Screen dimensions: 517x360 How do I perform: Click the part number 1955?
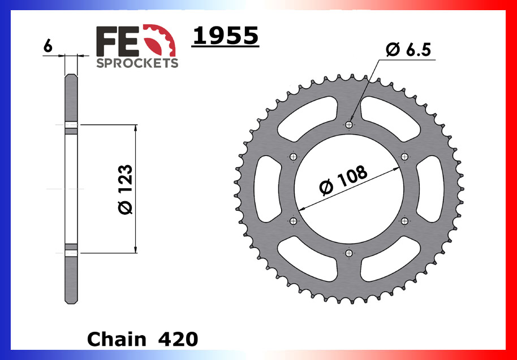tap(226, 35)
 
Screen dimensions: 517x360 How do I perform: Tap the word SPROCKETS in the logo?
tap(137, 63)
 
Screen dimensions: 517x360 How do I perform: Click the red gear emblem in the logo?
tap(160, 40)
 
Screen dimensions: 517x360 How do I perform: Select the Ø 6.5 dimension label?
tap(408, 50)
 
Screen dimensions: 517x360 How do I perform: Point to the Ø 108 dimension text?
tap(343, 180)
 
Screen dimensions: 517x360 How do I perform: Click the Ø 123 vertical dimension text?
tap(126, 189)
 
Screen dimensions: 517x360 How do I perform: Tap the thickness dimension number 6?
tap(48, 46)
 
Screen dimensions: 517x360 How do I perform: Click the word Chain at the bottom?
tap(117, 339)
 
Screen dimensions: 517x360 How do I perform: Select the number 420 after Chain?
tap(178, 339)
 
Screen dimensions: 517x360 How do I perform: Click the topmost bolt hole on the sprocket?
tap(349, 124)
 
